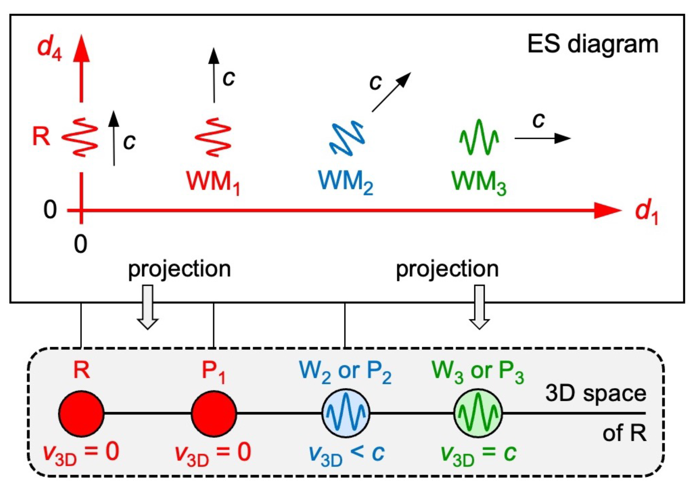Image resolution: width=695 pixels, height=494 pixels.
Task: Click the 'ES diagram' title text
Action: (x=593, y=44)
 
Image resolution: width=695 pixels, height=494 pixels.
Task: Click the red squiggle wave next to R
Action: (x=80, y=138)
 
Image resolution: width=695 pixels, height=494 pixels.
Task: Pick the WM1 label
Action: (x=213, y=182)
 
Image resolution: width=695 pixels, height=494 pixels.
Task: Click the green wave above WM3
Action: (x=479, y=138)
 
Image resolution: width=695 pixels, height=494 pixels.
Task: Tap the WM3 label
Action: (x=479, y=182)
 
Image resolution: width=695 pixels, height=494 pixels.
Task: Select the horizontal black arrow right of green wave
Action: (x=542, y=138)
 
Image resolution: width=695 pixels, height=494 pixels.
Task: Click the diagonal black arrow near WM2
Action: (x=391, y=92)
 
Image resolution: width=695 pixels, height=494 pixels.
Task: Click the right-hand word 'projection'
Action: (x=447, y=269)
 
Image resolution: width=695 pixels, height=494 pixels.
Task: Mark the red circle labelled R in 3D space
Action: (x=81, y=413)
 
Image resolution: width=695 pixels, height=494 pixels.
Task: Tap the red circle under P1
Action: (x=214, y=413)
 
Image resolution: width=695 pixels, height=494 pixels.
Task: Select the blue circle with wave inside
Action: (x=346, y=413)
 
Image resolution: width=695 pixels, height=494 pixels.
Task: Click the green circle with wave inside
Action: (x=478, y=413)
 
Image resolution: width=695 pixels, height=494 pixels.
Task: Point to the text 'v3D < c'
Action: (x=346, y=454)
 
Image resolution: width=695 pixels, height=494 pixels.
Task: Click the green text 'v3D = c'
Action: (x=478, y=454)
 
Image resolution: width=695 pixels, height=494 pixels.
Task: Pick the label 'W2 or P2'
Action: (x=345, y=371)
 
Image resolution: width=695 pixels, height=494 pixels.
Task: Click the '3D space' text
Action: (x=595, y=393)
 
